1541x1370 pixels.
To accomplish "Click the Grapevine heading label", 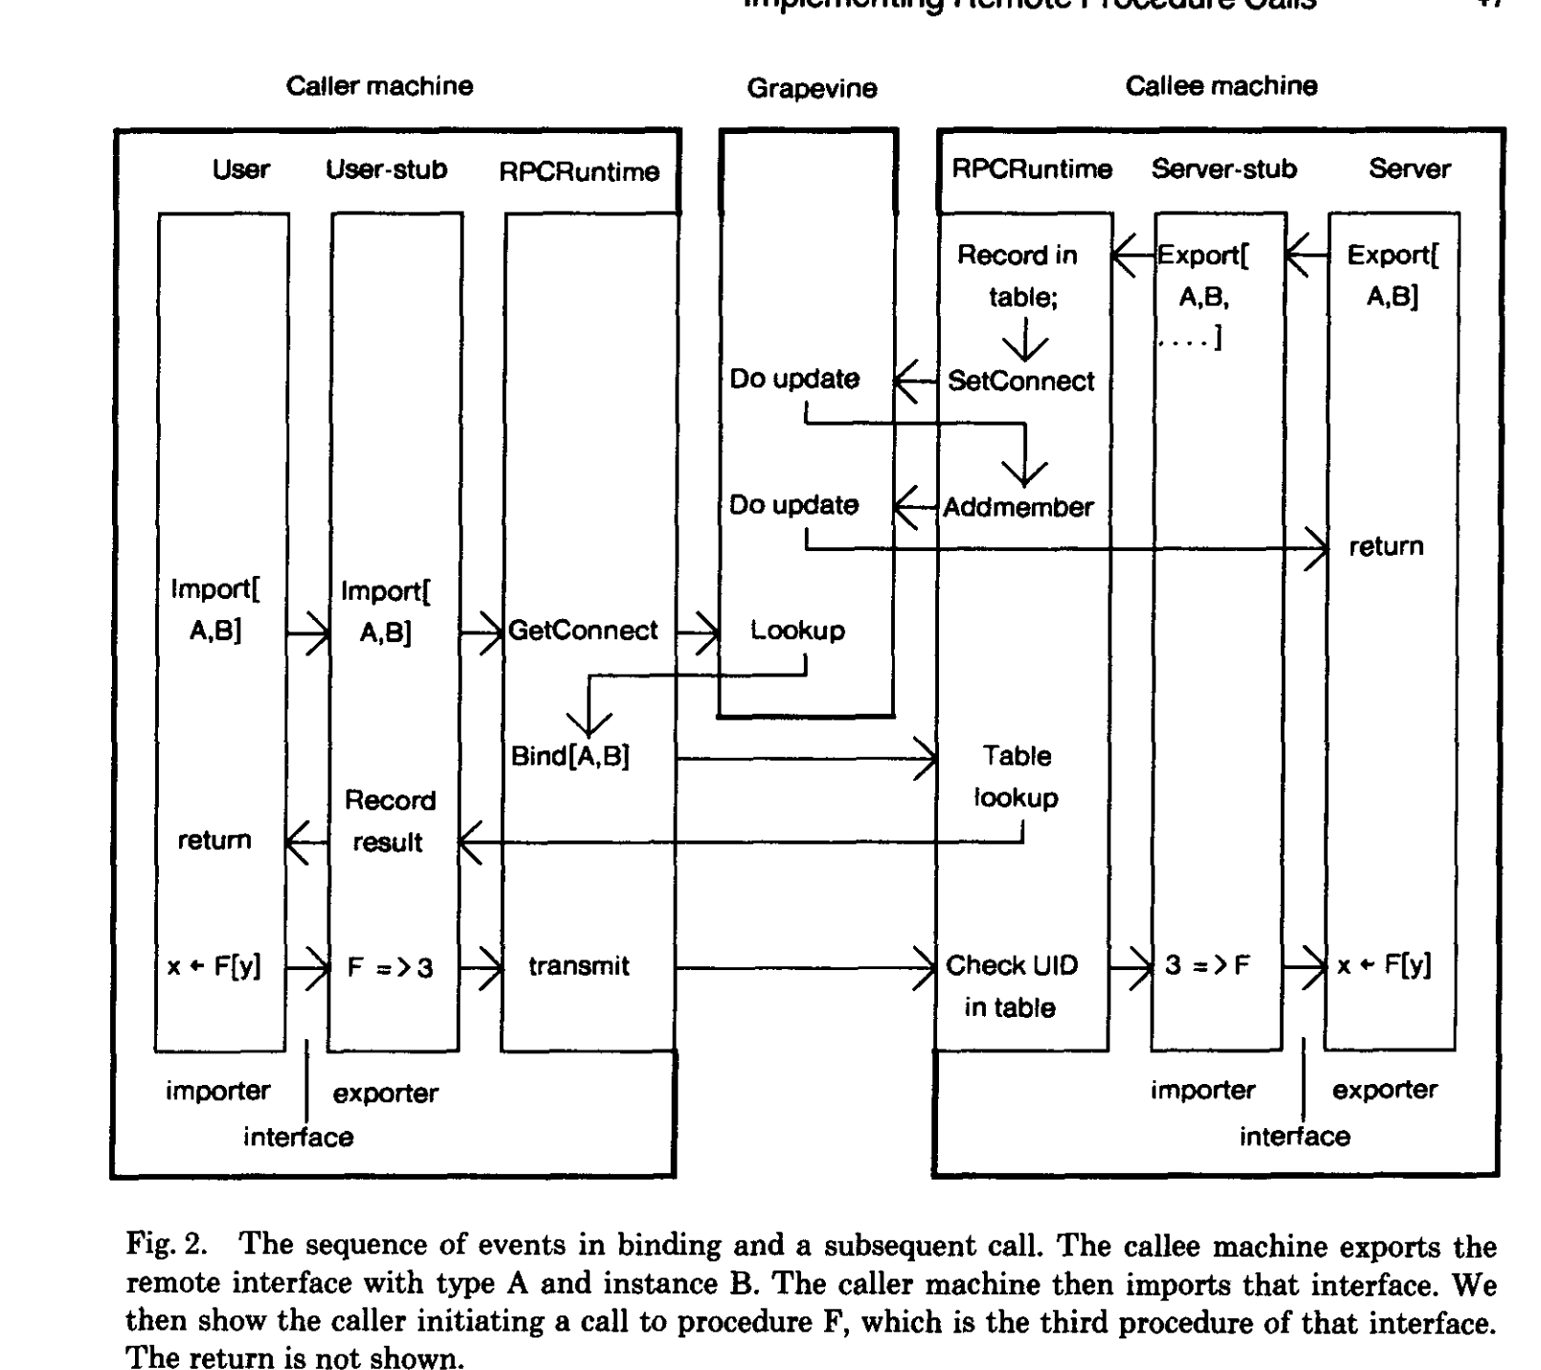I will pos(812,89).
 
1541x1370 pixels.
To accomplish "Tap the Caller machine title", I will pos(380,86).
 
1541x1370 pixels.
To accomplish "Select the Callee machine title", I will pos(1220,86).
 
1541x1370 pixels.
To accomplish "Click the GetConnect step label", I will pos(583,630).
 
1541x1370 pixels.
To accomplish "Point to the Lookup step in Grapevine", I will pos(797,630).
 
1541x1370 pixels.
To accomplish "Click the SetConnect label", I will pos(1020,381).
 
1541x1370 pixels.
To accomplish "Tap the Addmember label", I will pos(1017,507).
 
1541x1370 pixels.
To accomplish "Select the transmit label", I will pos(579,966).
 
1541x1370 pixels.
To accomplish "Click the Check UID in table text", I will pos(1011,986).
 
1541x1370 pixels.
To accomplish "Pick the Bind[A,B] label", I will pos(570,757).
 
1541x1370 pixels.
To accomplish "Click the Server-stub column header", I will pos(1223,169).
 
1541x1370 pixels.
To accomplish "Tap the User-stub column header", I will pos(386,170).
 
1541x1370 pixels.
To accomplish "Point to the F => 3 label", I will pos(390,968).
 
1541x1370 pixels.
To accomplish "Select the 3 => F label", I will pos(1208,966).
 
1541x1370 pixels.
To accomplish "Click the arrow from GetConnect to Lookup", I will pos(698,631).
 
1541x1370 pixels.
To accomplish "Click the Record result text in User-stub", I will pos(389,821).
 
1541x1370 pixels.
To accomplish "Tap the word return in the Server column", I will pos(1386,547).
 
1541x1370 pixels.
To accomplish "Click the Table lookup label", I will pos(1016,777).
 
